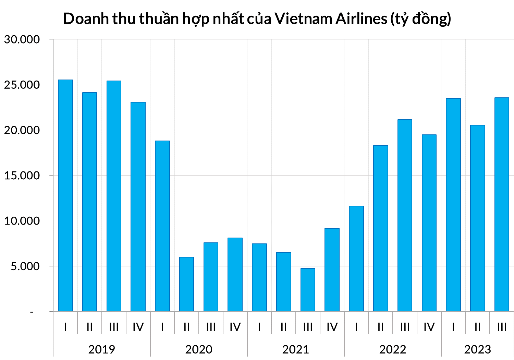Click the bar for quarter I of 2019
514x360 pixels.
click(65, 195)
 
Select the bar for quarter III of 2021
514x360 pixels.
click(308, 290)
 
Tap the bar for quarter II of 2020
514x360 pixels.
click(186, 284)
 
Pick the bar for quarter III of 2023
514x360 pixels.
click(502, 204)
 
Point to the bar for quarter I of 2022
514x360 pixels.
click(356, 259)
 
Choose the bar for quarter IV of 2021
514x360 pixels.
click(332, 270)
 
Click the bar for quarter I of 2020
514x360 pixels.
click(162, 226)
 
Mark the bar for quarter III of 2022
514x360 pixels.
click(405, 215)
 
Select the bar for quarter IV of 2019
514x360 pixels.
click(138, 207)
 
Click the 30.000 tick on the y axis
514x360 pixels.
click(22, 39)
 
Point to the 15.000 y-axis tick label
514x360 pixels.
click(22, 176)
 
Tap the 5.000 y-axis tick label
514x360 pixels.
click(25, 266)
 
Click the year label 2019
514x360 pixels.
click(102, 349)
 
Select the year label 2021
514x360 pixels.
click(296, 349)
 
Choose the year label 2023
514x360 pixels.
click(478, 349)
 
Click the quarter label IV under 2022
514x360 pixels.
click(429, 327)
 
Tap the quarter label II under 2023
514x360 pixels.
click(478, 327)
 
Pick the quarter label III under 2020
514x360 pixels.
click(211, 327)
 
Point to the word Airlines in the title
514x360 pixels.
click(361, 19)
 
